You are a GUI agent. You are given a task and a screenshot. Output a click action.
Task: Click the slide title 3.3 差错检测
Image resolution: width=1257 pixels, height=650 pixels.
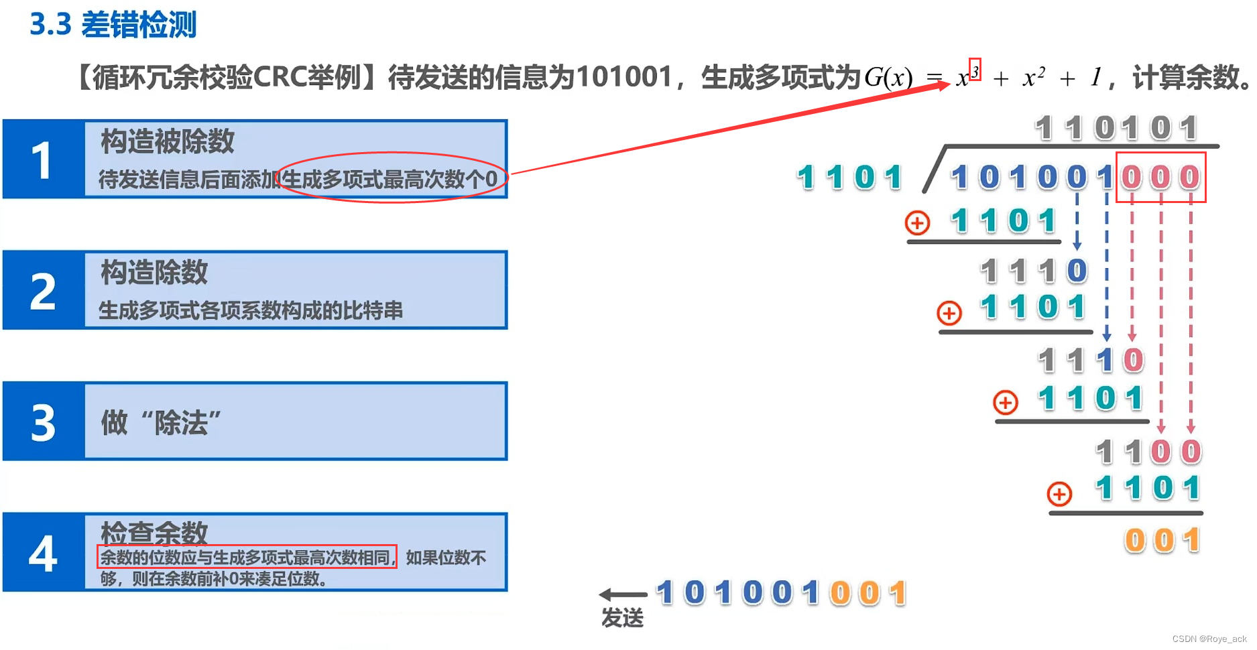click(113, 25)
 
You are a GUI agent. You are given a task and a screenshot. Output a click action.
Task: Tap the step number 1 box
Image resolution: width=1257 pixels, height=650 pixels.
click(43, 159)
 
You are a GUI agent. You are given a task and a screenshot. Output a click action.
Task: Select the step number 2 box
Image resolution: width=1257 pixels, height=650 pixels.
click(43, 291)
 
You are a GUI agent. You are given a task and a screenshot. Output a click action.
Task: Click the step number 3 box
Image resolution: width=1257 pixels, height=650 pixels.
click(43, 422)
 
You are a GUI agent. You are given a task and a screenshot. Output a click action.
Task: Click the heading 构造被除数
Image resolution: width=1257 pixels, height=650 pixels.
click(168, 141)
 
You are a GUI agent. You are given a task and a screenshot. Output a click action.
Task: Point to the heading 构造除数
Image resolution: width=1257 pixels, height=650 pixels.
click(154, 273)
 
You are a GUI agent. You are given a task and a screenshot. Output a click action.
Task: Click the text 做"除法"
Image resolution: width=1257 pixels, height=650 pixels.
click(161, 423)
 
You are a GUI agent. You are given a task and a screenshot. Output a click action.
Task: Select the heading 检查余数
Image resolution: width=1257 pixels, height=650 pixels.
click(154, 533)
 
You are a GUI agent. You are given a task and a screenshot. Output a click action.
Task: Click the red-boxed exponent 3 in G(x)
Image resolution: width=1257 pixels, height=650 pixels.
click(975, 70)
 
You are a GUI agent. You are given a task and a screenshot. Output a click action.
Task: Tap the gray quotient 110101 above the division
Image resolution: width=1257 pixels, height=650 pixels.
click(1116, 128)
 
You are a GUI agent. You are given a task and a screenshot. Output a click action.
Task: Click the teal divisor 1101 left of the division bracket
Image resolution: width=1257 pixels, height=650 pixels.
click(849, 178)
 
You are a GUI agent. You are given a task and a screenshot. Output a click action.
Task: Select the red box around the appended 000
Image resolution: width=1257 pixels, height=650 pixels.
click(1160, 177)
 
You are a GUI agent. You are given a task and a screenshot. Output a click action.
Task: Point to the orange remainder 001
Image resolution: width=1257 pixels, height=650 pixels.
click(1162, 540)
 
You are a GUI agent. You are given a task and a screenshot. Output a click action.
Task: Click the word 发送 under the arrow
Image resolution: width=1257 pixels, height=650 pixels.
click(622, 617)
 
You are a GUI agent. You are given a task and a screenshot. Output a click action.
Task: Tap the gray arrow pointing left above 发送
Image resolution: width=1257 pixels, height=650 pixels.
click(622, 594)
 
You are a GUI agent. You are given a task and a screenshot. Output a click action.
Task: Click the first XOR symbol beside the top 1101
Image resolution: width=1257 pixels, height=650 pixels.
click(917, 222)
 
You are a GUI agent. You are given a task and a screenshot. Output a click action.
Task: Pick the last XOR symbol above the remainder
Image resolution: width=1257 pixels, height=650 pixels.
click(1059, 495)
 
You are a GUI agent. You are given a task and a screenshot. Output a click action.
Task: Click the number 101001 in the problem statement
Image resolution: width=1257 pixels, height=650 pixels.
click(623, 77)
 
